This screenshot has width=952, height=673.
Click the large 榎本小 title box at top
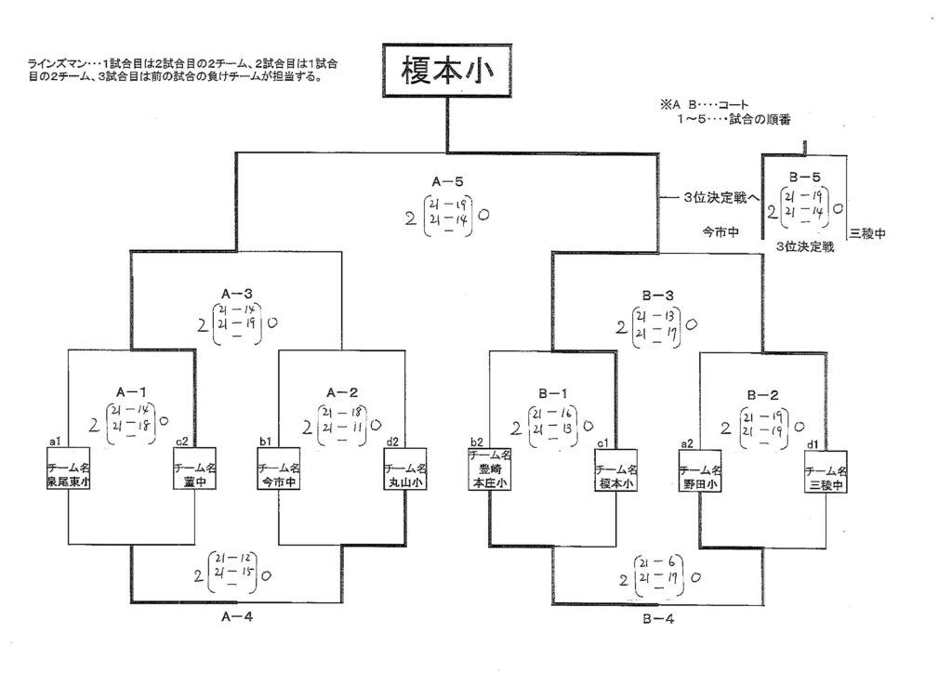(448, 72)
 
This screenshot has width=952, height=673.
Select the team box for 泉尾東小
(68, 475)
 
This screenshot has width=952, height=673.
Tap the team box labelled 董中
(194, 475)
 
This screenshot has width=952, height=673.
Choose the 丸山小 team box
(404, 475)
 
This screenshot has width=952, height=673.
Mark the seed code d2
(392, 441)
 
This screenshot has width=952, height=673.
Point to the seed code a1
(54, 441)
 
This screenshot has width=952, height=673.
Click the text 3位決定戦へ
(721, 198)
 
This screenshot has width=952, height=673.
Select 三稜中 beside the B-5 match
(867, 234)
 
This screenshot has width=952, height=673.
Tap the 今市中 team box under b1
(278, 475)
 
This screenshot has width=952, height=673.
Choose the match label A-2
(342, 391)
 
